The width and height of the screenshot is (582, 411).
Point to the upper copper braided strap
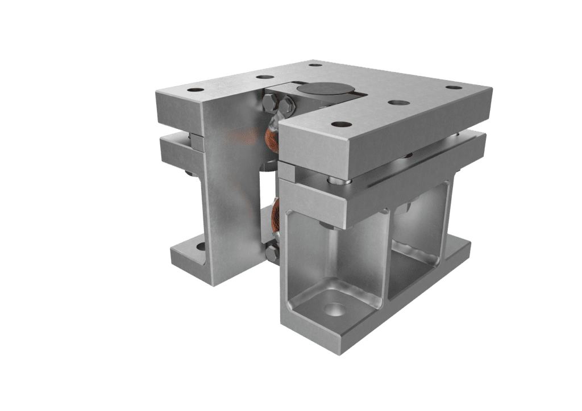tap(272, 136)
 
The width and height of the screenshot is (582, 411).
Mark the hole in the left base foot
tap(200, 248)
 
